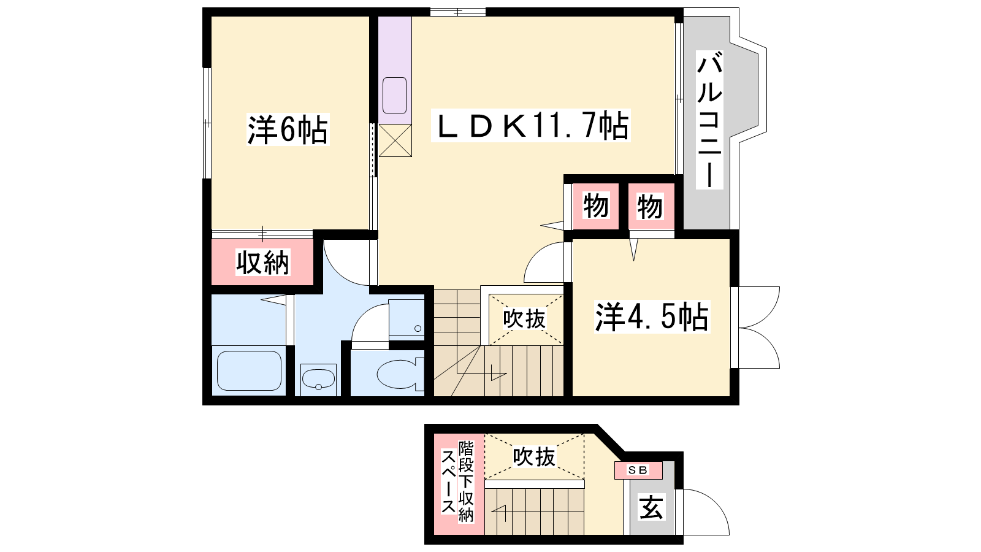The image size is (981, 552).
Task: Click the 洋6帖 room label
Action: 288,129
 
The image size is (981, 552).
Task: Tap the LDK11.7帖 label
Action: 531,125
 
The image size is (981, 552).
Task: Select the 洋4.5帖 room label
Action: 652,316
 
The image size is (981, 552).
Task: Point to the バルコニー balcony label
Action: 709,120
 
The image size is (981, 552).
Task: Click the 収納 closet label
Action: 263,263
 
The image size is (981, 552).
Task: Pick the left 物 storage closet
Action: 596,206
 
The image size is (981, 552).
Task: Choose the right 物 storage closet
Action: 651,206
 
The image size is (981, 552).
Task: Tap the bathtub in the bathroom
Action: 249,370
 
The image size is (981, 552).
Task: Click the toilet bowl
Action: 400,374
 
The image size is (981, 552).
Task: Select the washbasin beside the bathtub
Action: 318,380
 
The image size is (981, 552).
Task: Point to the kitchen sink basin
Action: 395,96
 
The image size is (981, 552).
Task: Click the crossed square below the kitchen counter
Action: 395,140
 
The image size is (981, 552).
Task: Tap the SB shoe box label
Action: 638,470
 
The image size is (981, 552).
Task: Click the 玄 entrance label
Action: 651,507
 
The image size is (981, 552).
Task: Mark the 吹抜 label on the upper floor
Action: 525,318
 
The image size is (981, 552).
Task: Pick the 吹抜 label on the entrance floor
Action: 534,457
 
